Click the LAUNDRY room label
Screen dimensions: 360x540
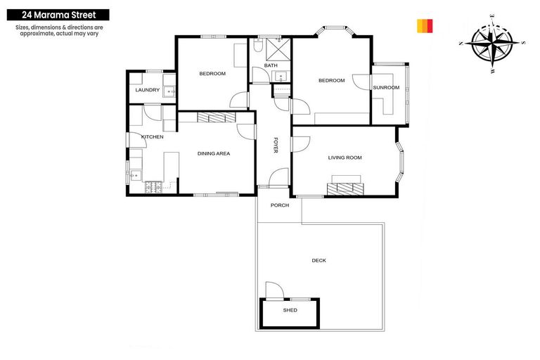[148, 90]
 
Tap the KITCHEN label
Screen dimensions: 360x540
[153, 136]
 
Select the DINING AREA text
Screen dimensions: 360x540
[214, 153]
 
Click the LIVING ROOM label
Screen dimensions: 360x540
[345, 157]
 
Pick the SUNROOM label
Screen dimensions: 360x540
[386, 88]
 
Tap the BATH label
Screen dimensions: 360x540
[271, 66]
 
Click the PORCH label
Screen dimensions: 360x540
[280, 205]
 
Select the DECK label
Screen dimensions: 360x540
[319, 261]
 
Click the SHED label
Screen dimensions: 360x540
[290, 310]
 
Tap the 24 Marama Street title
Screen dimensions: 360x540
[55, 14]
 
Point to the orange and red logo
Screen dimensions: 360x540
[425, 26]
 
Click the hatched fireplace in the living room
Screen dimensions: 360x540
[345, 188]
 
